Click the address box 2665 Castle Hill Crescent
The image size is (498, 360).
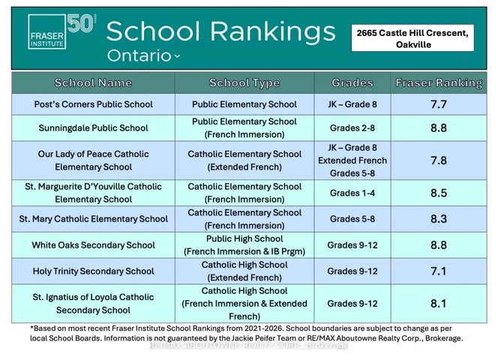tap(412, 38)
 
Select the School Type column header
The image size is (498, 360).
tap(244, 83)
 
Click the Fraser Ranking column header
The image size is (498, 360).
tap(439, 83)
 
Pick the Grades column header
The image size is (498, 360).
tap(352, 83)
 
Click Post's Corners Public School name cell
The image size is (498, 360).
tap(94, 104)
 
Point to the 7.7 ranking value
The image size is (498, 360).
tap(439, 104)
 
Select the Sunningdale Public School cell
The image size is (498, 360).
tap(94, 128)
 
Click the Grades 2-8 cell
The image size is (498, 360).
tap(352, 128)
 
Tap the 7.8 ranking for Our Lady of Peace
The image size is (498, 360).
tap(439, 160)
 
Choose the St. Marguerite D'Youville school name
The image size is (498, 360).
tap(94, 193)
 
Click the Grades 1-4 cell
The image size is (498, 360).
tap(352, 193)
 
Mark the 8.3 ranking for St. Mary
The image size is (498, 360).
tap(439, 219)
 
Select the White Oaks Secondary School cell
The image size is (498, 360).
tap(94, 245)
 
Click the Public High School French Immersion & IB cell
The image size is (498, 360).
tap(244, 245)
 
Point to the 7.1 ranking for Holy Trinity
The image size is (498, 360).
tap(439, 271)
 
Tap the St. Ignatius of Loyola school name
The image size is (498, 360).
tap(94, 303)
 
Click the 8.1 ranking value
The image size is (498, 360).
tap(439, 303)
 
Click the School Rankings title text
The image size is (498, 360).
tap(220, 31)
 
